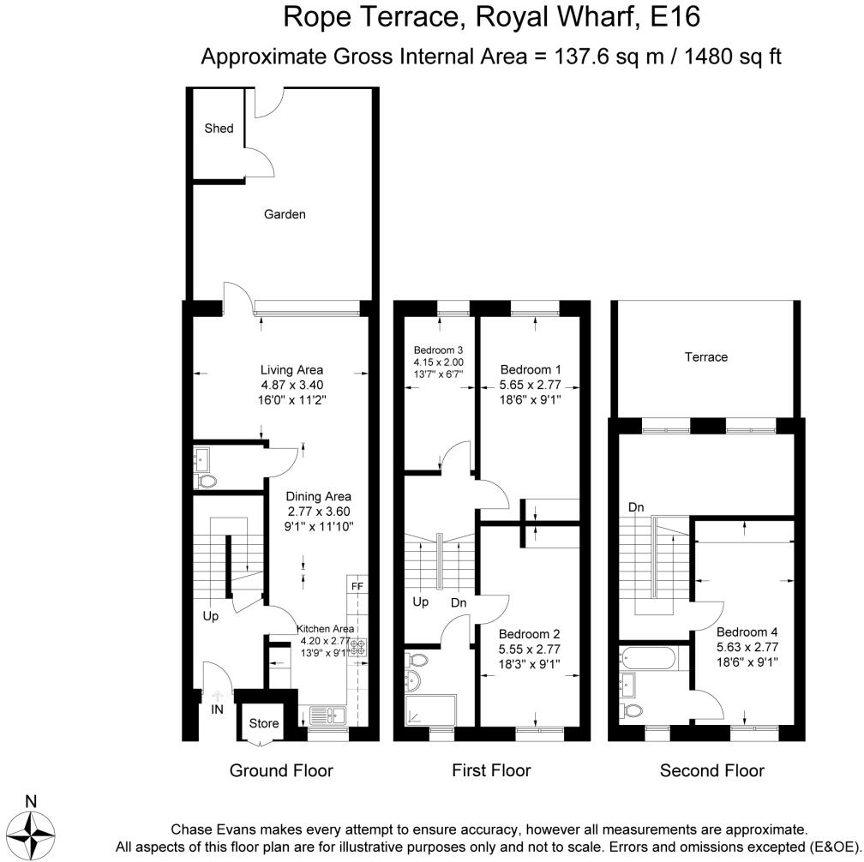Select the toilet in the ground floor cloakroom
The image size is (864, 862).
click(x=204, y=482)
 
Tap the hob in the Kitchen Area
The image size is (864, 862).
click(x=357, y=647)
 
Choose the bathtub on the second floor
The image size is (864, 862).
click(x=647, y=658)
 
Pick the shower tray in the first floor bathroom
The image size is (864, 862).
click(x=430, y=710)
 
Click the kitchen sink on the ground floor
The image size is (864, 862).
click(x=327, y=715)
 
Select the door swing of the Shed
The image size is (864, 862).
click(x=259, y=162)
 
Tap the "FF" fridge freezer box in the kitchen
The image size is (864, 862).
click(x=357, y=585)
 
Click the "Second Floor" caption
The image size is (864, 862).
click(x=712, y=770)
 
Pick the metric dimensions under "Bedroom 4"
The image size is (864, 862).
click(x=747, y=647)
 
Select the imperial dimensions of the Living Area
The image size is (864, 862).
click(x=292, y=399)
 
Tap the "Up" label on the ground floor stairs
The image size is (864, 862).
click(x=211, y=616)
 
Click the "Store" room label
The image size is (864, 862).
click(x=264, y=723)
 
